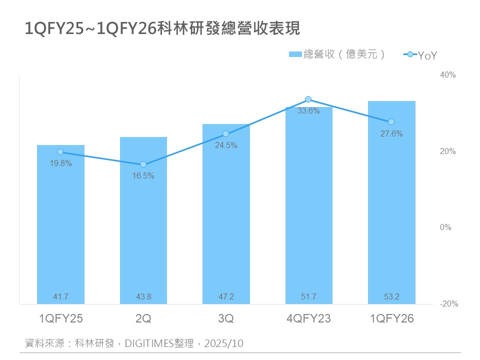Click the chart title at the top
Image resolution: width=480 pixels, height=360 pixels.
tap(162, 28)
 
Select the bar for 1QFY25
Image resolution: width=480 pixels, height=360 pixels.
tap(60, 225)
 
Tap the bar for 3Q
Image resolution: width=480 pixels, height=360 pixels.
tap(226, 215)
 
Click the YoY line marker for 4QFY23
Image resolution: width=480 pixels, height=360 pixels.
tap(308, 99)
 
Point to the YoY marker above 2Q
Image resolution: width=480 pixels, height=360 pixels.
tap(143, 164)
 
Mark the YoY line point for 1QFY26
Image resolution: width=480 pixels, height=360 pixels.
tap(391, 122)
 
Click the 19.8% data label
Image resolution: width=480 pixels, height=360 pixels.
tap(60, 163)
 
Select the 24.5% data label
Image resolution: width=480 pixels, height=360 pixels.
tap(226, 145)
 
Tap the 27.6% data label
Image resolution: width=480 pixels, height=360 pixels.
tap(391, 134)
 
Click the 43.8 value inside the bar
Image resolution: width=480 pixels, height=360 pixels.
tap(143, 297)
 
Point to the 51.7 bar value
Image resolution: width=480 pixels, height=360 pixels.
tap(308, 297)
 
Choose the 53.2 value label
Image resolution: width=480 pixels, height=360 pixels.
tap(391, 297)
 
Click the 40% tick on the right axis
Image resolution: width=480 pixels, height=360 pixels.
tap(447, 75)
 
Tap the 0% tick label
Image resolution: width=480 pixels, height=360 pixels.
tap(446, 227)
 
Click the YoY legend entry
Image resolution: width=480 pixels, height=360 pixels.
tap(420, 55)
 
